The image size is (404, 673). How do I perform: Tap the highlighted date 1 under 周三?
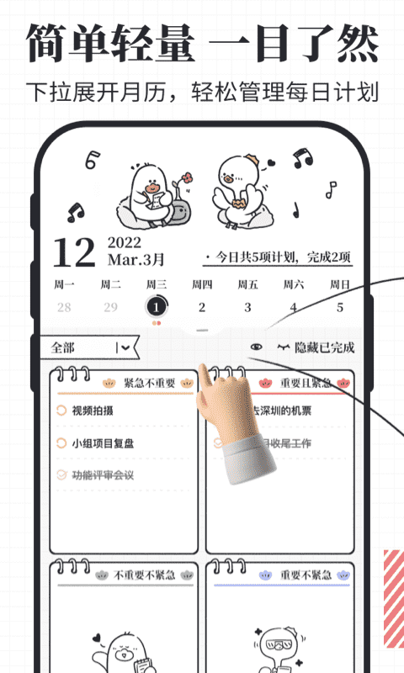click(156, 307)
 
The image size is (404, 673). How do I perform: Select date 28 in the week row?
click(64, 307)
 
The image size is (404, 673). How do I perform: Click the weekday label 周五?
click(247, 284)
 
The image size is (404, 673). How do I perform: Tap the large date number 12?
click(73, 252)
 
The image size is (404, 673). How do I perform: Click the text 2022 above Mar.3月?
click(124, 242)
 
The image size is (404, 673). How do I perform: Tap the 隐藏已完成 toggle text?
click(324, 347)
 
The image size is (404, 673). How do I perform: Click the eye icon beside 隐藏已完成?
click(257, 347)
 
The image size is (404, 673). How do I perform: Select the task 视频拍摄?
click(93, 411)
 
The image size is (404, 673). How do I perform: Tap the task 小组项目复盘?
click(104, 443)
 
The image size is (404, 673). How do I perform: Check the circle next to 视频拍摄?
click(61, 411)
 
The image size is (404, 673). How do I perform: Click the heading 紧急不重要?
click(150, 383)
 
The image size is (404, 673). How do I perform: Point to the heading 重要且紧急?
click(306, 383)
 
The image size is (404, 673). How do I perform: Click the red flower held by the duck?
click(187, 178)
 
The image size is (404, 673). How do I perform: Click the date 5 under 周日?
click(340, 307)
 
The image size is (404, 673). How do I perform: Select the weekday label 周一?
click(64, 284)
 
